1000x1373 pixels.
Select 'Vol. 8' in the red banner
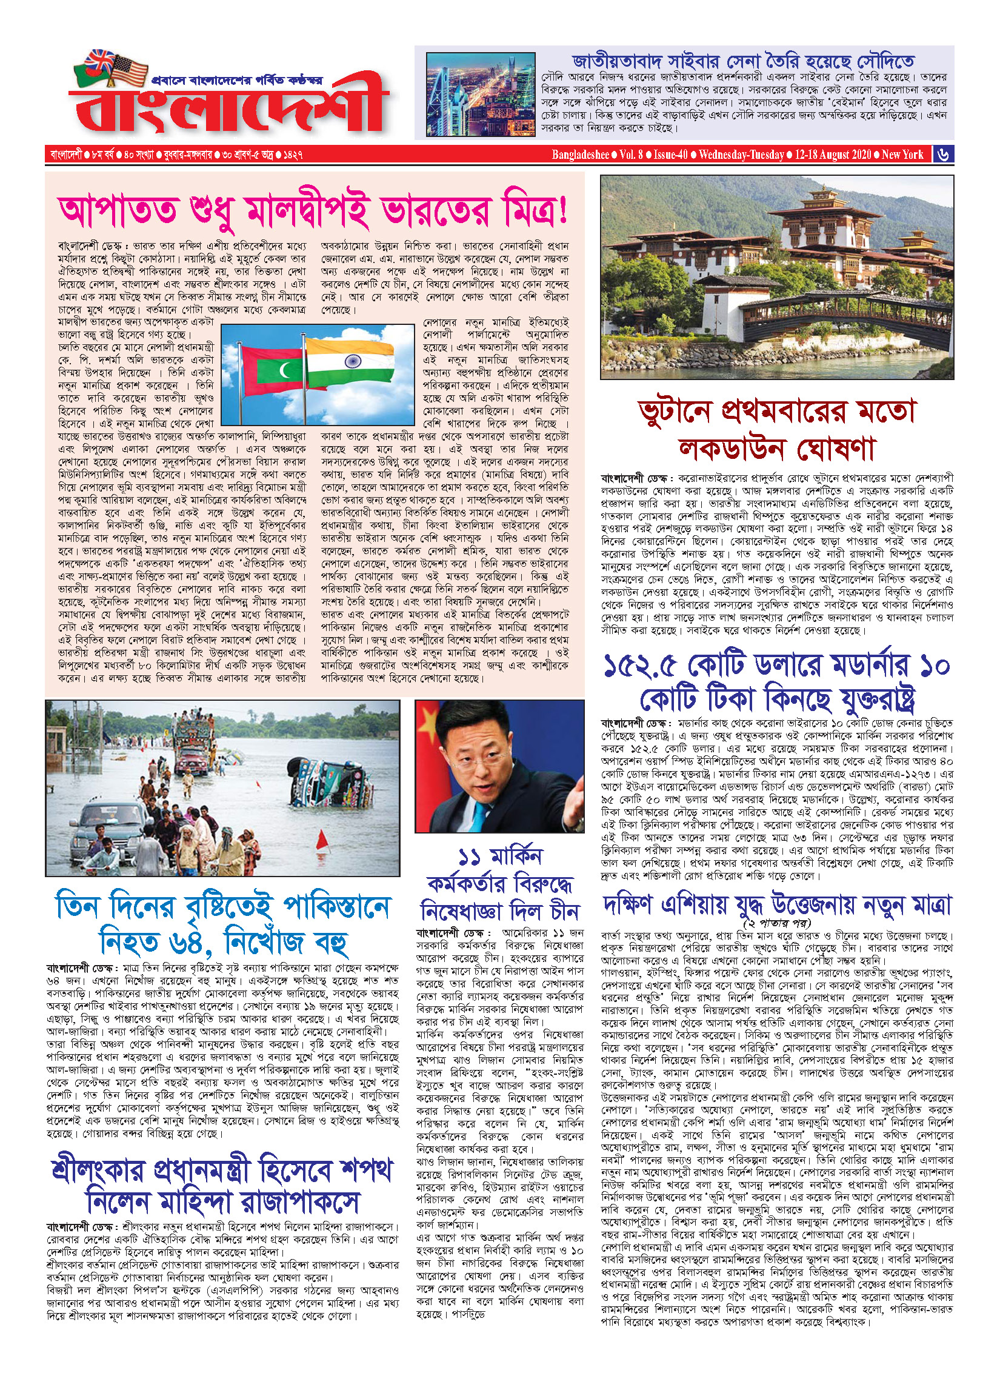631,155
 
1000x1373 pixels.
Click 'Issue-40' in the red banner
670,155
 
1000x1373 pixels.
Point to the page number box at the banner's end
943,155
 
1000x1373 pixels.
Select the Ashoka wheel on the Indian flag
352,362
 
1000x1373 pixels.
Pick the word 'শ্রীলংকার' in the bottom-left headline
98,1171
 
